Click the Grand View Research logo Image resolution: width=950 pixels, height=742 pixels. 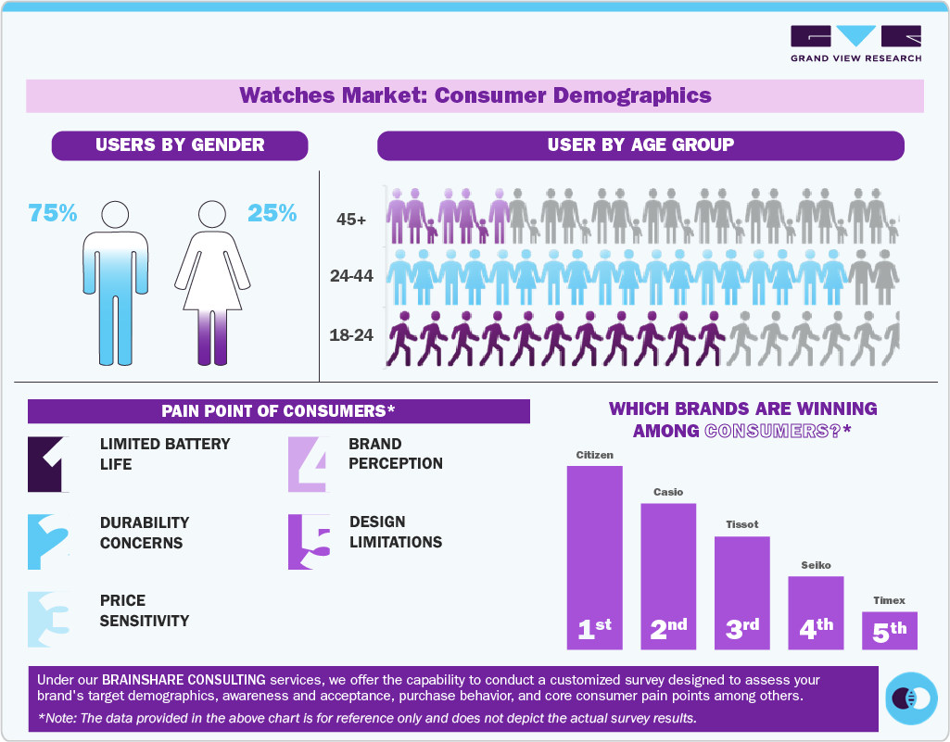click(855, 44)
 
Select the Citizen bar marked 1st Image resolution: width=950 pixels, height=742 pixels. click(594, 556)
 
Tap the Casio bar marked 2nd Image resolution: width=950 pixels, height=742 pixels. click(668, 575)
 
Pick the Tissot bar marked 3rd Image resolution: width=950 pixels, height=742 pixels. click(741, 592)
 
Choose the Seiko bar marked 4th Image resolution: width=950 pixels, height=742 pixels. click(816, 611)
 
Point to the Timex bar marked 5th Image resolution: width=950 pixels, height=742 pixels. click(889, 630)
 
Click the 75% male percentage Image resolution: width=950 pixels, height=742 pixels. click(53, 213)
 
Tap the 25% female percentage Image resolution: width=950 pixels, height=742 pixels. click(272, 213)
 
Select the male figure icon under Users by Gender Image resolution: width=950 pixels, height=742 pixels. click(115, 283)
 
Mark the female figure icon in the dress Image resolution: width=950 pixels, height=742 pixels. click(213, 283)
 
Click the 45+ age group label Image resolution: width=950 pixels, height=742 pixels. click(352, 220)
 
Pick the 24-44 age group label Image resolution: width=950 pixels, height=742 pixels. click(351, 276)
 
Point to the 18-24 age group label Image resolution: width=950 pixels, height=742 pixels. click(351, 335)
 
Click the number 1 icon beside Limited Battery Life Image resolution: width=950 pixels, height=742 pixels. click(48, 463)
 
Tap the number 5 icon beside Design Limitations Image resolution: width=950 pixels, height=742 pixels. click(309, 542)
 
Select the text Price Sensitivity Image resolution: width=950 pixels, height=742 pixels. click(145, 610)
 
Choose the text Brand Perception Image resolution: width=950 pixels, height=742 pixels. click(396, 453)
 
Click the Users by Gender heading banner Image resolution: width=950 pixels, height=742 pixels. click(180, 145)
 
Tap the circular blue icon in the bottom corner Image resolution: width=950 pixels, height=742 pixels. click(912, 697)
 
